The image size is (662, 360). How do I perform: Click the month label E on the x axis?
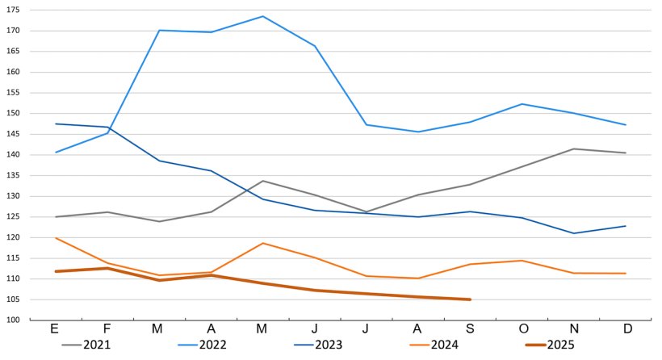[55, 329]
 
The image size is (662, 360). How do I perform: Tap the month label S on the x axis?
[470, 329]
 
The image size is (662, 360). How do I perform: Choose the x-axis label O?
[522, 329]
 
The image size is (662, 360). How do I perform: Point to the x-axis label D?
[626, 329]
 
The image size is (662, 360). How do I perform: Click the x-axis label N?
[574, 329]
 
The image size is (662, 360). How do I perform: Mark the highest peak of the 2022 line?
[262, 16]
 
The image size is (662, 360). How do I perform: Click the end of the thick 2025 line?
[470, 299]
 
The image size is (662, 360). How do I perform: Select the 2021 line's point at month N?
[574, 149]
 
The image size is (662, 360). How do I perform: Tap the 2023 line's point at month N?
[574, 233]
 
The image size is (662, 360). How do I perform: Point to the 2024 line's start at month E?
[55, 238]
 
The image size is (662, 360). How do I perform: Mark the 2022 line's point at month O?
[522, 104]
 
